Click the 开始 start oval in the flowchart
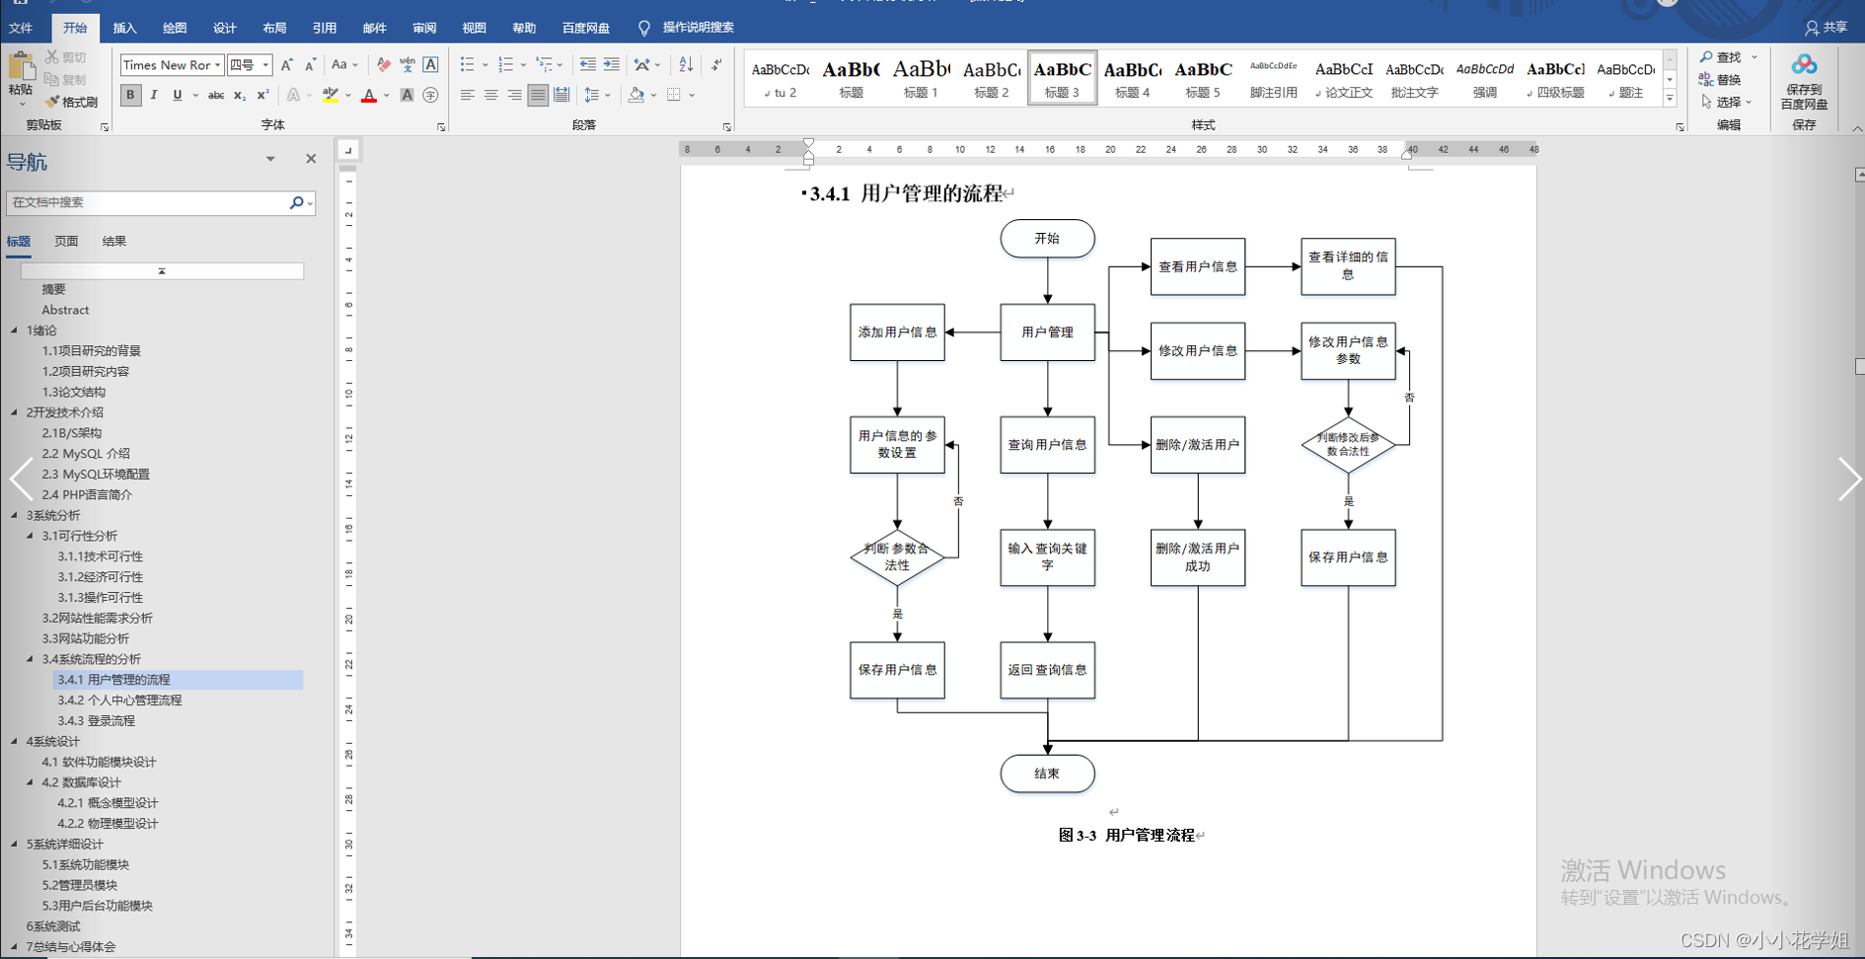[x=1047, y=239]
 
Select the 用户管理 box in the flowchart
[x=1047, y=332]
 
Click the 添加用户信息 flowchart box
[x=897, y=332]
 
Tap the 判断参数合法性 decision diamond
[x=897, y=557]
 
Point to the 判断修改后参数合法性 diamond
[x=1348, y=445]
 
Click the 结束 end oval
[x=1047, y=774]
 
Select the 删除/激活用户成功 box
[x=1197, y=557]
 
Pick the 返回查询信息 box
[x=1047, y=670]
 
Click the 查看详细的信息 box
[x=1348, y=266]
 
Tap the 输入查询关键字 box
[x=1047, y=557]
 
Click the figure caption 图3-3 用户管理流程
[x=1127, y=836]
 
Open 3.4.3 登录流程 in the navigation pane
[x=96, y=721]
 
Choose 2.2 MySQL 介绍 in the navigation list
[x=86, y=454]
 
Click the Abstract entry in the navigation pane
[x=65, y=310]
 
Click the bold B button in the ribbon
[x=130, y=95]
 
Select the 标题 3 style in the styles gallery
[x=1062, y=78]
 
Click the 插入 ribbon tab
[x=124, y=28]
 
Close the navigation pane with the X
[x=311, y=159]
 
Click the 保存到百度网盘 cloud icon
[x=1804, y=66]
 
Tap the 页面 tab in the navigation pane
[x=66, y=241]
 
